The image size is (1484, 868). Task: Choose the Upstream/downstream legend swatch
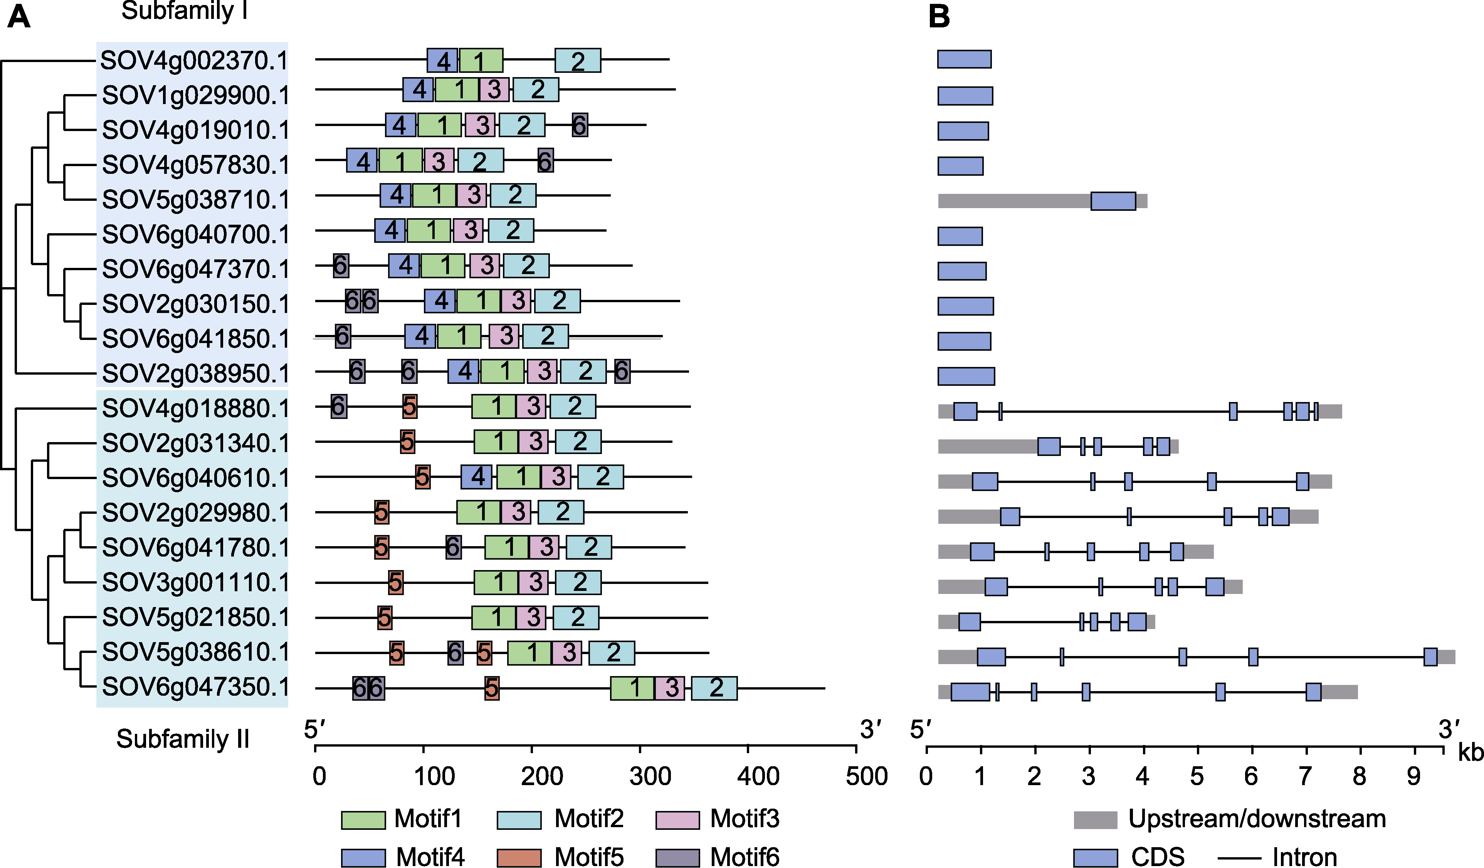coord(1095,820)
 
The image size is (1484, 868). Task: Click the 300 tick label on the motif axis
coord(650,776)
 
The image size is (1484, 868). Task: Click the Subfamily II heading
coord(183,739)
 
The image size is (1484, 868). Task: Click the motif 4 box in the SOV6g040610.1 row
coord(476,477)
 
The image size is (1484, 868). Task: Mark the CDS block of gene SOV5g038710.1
coord(1113,201)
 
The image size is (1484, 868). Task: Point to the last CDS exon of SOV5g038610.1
coord(1430,657)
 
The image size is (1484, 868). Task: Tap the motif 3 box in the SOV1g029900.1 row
coord(494,89)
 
